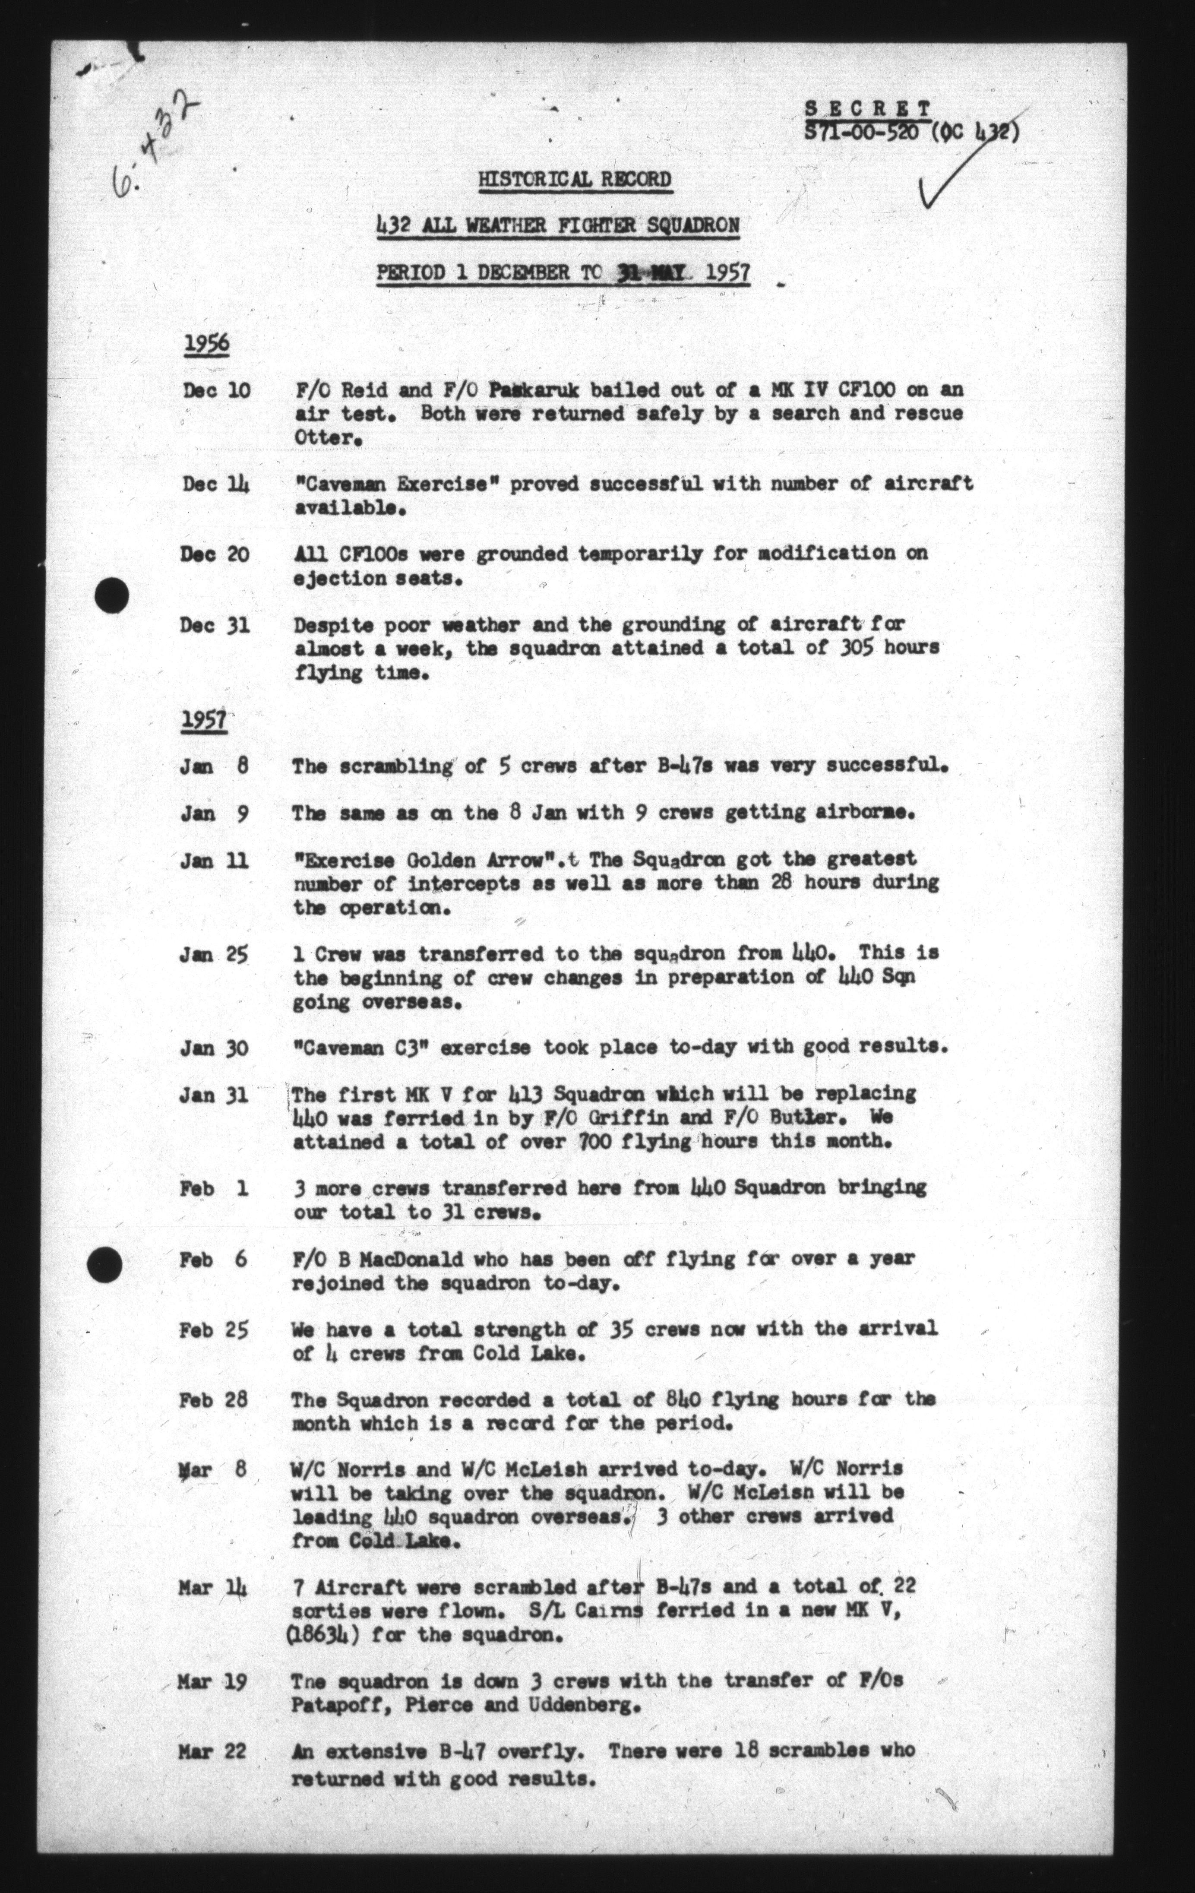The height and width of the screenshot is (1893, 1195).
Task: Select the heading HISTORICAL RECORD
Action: pyautogui.click(x=575, y=180)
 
